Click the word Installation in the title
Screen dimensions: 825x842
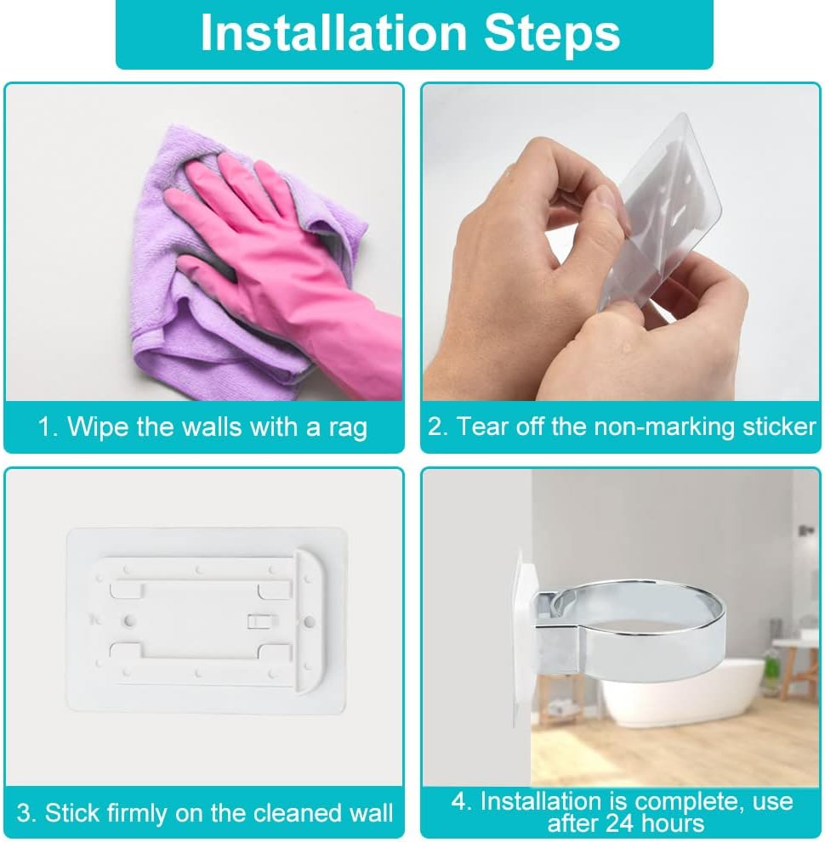pos(333,33)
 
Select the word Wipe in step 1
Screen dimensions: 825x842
pos(98,426)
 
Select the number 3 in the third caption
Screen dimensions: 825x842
pos(24,812)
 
